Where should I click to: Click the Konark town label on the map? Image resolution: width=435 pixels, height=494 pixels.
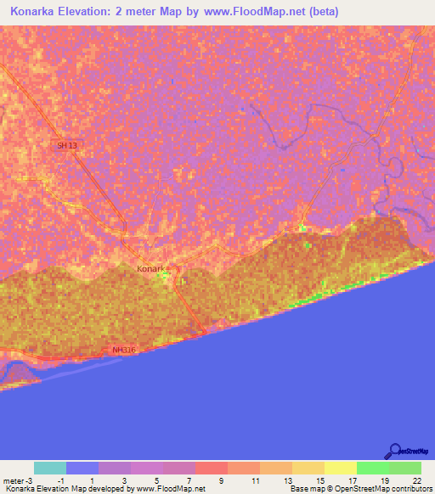(153, 269)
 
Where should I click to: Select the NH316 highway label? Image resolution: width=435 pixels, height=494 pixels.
(124, 350)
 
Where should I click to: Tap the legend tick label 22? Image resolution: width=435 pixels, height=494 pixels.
(416, 480)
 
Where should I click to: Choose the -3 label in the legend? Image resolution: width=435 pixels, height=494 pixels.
(23, 480)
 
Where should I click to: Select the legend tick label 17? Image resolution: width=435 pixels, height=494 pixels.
(352, 480)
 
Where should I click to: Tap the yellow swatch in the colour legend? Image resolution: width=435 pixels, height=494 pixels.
(340, 468)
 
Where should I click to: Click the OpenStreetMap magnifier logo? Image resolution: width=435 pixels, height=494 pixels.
(394, 452)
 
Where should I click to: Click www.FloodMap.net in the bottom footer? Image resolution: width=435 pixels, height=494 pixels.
(170, 489)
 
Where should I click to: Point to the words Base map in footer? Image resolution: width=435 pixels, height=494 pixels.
(306, 489)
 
